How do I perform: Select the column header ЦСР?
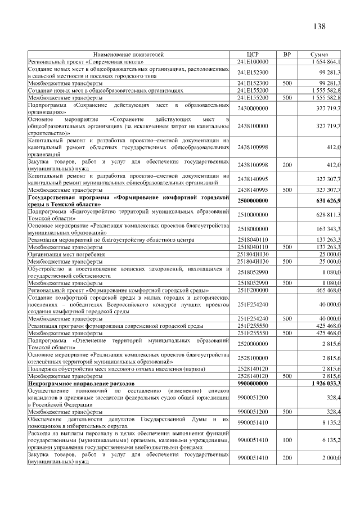[x=253, y=55]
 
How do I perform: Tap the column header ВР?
[x=287, y=55]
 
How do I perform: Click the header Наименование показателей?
[x=129, y=55]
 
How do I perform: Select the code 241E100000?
[x=253, y=61]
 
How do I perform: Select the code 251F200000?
[x=253, y=290]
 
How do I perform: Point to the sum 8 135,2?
[x=330, y=422]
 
